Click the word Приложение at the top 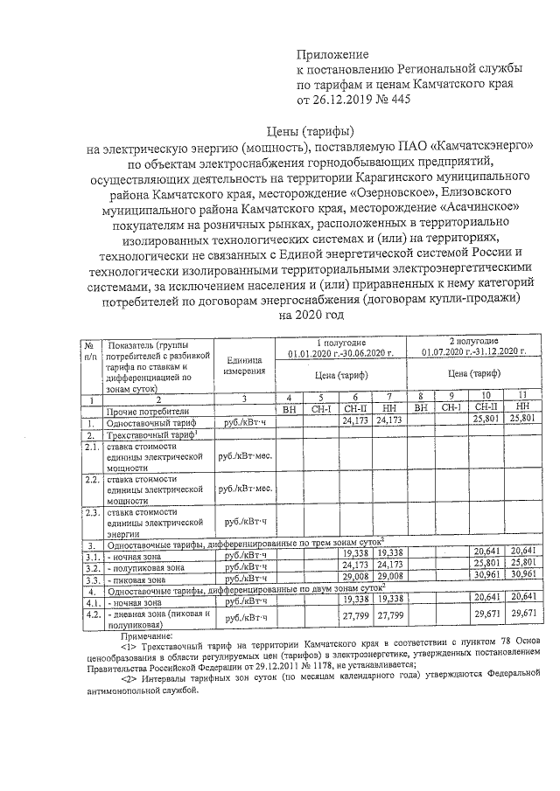pos(333,54)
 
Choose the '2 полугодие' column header pos(474,340)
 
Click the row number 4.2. pos(89,614)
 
